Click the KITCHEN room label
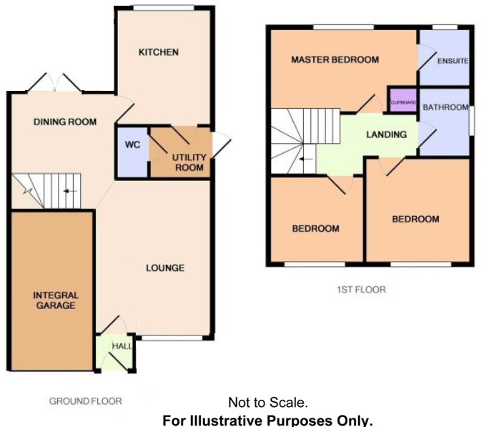(x=158, y=52)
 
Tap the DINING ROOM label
(x=64, y=122)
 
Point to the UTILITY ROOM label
(x=189, y=162)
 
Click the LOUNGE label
(x=165, y=268)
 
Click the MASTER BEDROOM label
(x=335, y=60)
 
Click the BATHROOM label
(x=445, y=108)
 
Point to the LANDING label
(x=386, y=134)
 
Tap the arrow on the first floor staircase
(x=306, y=159)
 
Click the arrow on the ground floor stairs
(x=70, y=191)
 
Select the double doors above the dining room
(x=56, y=83)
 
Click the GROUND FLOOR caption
(x=85, y=401)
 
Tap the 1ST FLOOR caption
(x=361, y=290)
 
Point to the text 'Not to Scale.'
(x=268, y=404)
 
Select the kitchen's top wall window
(x=164, y=8)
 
